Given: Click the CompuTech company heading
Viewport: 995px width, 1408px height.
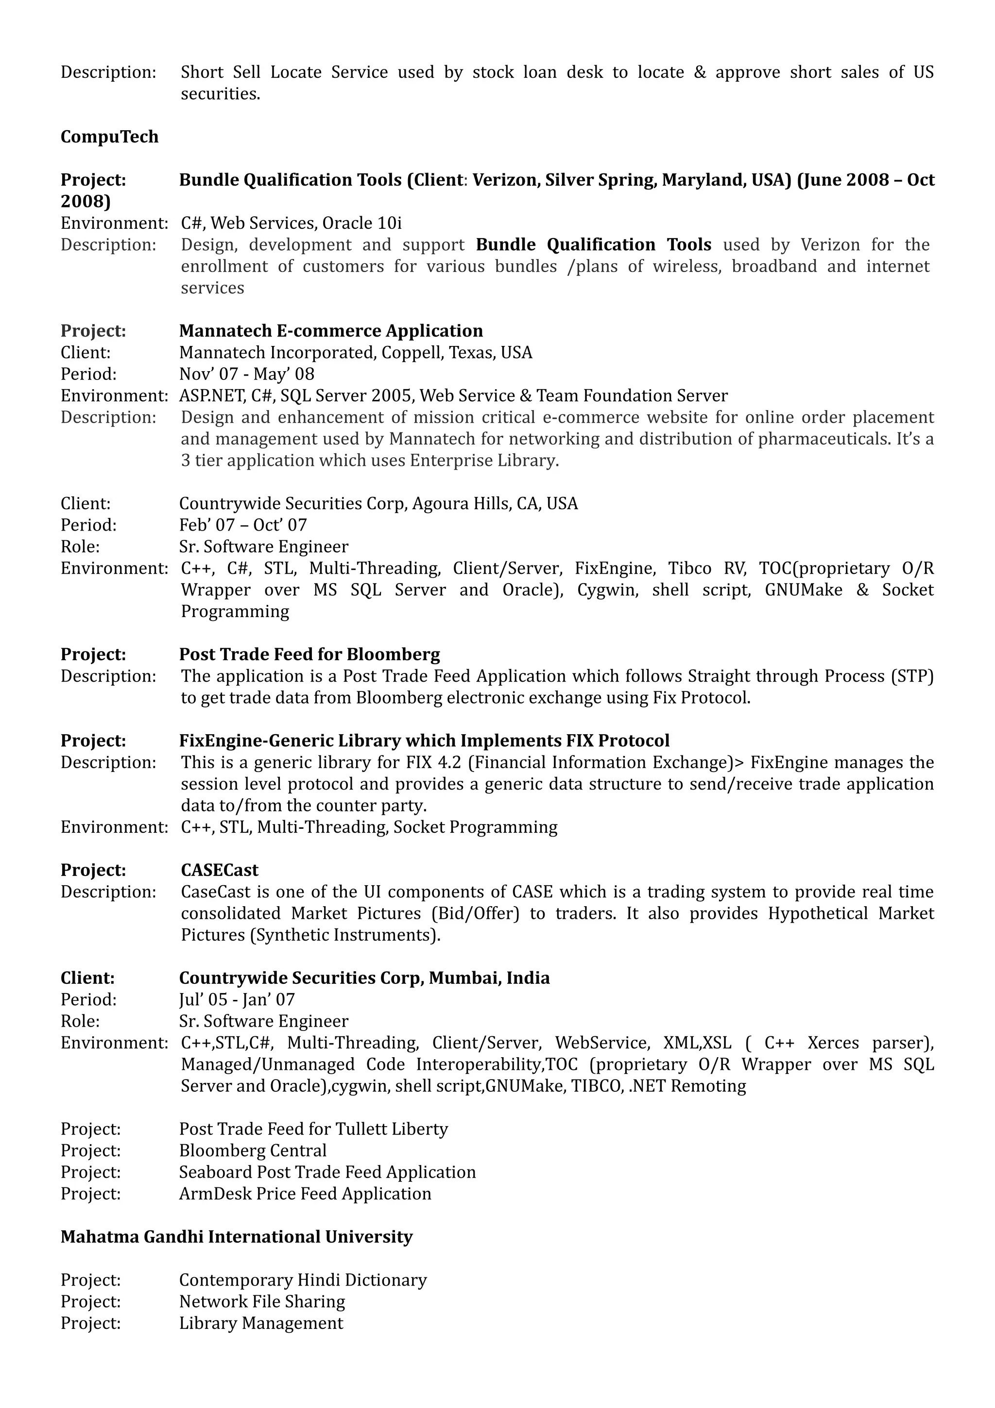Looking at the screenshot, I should coord(109,137).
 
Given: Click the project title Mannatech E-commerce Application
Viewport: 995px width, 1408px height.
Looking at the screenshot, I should coord(330,331).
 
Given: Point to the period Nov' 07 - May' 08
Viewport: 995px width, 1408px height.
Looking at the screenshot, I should coord(246,374).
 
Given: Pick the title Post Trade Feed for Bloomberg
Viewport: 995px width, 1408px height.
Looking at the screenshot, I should coord(309,655).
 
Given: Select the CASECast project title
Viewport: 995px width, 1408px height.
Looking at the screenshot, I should coord(220,870).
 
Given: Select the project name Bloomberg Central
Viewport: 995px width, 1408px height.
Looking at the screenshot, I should coord(253,1151).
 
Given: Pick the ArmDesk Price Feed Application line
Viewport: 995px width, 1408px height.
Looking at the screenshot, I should coord(305,1194).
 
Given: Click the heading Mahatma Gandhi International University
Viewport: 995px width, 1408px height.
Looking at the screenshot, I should coord(236,1237).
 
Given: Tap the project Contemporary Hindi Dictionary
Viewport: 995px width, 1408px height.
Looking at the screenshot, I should coord(302,1280).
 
